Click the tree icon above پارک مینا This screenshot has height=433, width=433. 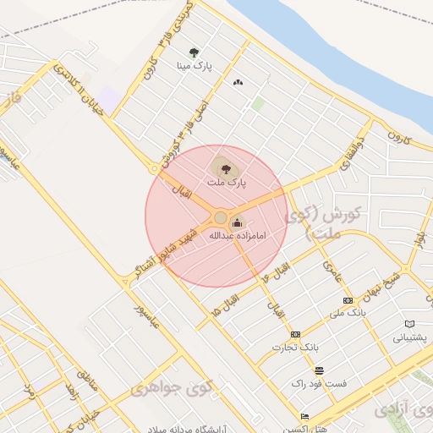pos(194,52)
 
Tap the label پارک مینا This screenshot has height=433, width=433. pos(194,65)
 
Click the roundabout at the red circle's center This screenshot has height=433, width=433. pos(220,218)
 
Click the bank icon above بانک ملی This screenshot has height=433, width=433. pos(347,300)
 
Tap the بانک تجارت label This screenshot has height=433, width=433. pos(295,347)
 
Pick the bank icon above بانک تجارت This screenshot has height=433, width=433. pos(295,335)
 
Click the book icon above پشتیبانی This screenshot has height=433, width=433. pos(410,324)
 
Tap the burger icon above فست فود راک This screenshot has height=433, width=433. pos(319,371)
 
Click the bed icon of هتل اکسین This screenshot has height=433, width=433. pos(304,416)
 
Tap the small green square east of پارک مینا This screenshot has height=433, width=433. pos(257,104)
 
